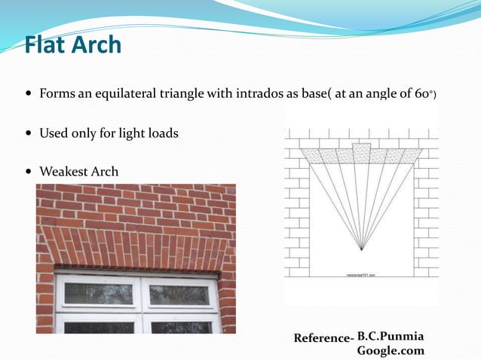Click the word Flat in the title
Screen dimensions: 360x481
tap(47, 44)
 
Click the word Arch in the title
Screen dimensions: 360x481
tap(97, 44)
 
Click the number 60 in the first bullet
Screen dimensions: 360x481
tap(421, 96)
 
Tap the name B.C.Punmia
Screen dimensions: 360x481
tap(390, 334)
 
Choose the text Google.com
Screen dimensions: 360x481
tap(390, 350)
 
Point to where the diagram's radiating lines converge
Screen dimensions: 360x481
tap(361, 249)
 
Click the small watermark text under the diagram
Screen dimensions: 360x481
tap(361, 275)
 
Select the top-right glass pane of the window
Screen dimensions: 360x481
tap(179, 294)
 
